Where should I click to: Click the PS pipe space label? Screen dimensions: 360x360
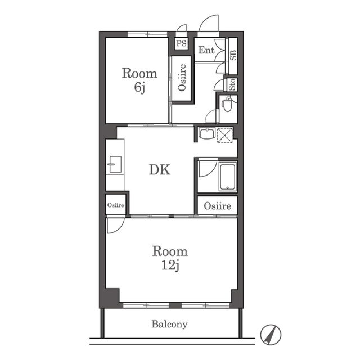pyautogui.click(x=181, y=43)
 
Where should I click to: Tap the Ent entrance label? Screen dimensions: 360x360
pyautogui.click(x=206, y=50)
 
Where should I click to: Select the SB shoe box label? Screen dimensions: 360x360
pyautogui.click(x=233, y=55)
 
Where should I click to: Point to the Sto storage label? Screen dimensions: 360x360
pyautogui.click(x=232, y=84)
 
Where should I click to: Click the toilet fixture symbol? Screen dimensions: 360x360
pyautogui.click(x=227, y=104)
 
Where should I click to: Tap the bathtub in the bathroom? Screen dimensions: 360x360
pyautogui.click(x=227, y=176)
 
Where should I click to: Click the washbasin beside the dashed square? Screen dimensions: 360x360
pyautogui.click(x=207, y=133)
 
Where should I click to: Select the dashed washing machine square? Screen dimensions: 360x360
pyautogui.click(x=225, y=136)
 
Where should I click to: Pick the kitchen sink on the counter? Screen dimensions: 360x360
pyautogui.click(x=115, y=164)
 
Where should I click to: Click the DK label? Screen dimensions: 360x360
pyautogui.click(x=160, y=170)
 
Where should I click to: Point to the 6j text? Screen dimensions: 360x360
pyautogui.click(x=139, y=88)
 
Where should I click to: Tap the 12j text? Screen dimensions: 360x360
pyautogui.click(x=170, y=265)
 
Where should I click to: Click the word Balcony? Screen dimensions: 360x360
pyautogui.click(x=170, y=325)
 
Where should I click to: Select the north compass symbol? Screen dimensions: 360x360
pyautogui.click(x=271, y=335)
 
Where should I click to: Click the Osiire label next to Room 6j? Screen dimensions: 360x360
pyautogui.click(x=182, y=78)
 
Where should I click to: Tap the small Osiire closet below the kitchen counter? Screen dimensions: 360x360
pyautogui.click(x=115, y=205)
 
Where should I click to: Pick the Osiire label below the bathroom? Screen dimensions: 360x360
pyautogui.click(x=218, y=206)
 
